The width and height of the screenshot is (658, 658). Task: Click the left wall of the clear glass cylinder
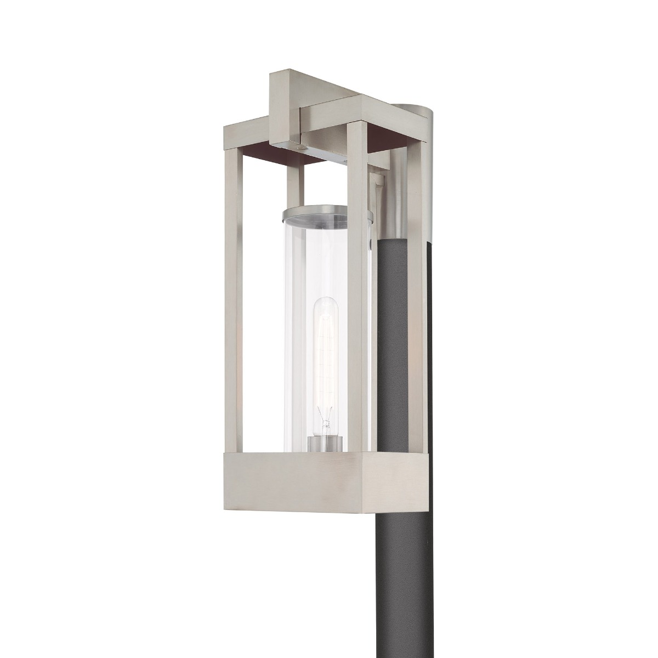point(287,329)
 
